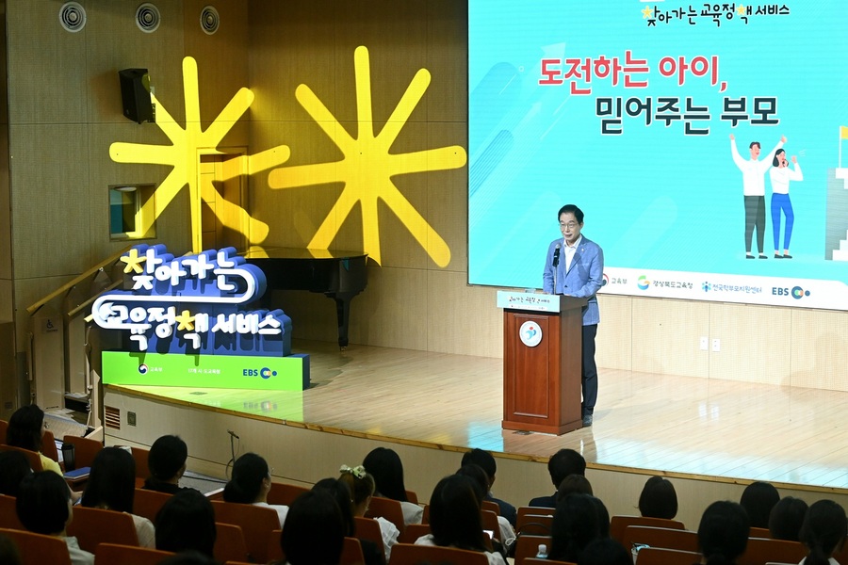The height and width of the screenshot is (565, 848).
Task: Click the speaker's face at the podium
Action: coord(570,222)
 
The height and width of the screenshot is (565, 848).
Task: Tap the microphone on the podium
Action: coord(556,254)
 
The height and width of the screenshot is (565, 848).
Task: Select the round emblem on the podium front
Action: coord(530,333)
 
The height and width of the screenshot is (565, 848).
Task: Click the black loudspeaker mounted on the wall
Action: coord(137,95)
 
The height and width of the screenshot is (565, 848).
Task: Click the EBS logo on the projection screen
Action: coord(791,292)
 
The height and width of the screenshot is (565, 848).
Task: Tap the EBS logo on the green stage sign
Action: coord(259,373)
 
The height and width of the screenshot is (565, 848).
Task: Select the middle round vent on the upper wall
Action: coord(148,17)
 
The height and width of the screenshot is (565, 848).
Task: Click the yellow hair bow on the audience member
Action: coord(352,471)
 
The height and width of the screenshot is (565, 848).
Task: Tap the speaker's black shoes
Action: coord(586,419)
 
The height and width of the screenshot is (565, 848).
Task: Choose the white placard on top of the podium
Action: coord(528,300)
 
